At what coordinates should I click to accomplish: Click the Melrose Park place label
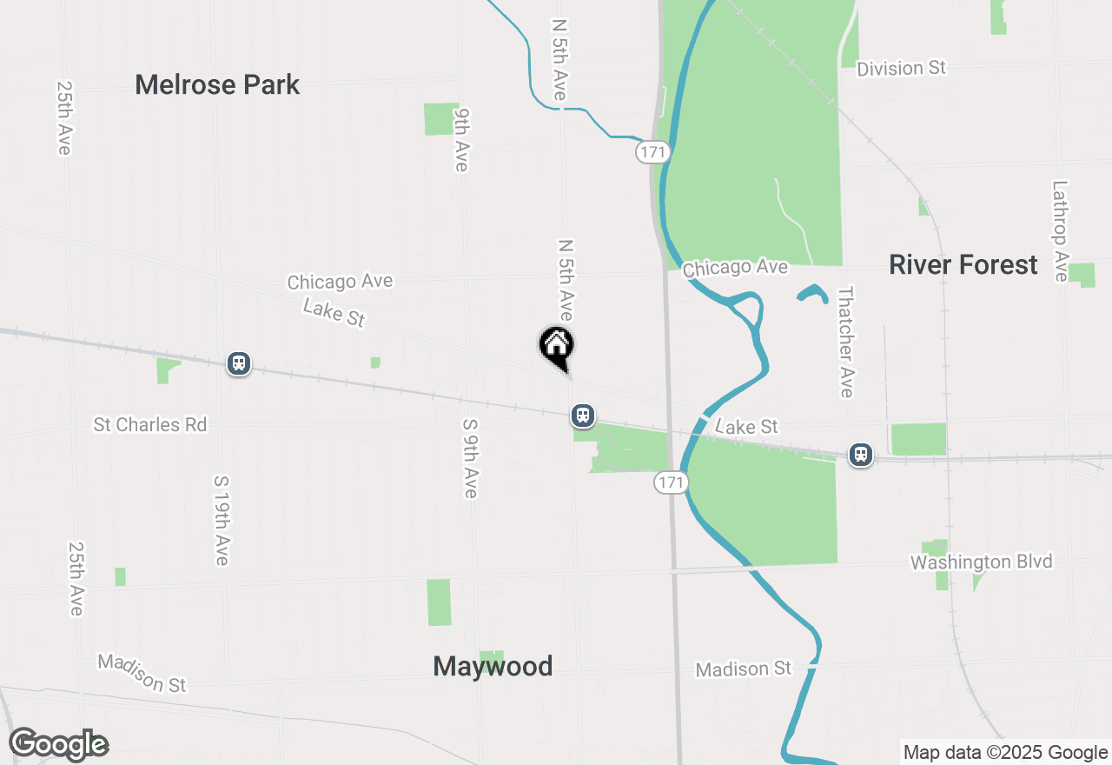(217, 85)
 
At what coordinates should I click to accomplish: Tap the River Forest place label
(963, 265)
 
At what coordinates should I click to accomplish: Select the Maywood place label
(493, 667)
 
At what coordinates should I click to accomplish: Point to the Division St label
(901, 68)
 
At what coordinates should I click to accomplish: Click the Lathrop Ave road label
(1060, 231)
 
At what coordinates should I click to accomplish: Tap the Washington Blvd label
(981, 562)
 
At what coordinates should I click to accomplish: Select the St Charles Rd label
(150, 424)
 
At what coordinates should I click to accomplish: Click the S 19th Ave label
(222, 520)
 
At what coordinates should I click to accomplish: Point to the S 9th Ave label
(470, 458)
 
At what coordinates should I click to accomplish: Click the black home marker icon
(557, 346)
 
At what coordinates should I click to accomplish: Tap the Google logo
(58, 744)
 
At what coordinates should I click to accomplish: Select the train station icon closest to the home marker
(583, 416)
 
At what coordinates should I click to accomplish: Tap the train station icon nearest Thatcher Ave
(861, 454)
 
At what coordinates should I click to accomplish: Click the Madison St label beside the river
(744, 669)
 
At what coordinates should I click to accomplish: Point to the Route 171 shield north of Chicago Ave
(652, 152)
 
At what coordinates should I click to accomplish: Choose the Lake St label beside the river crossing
(746, 426)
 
